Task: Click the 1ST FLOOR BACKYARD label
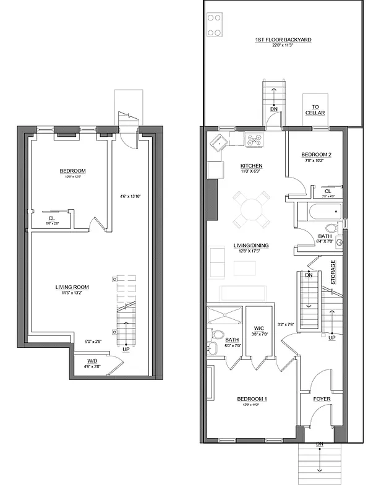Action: coord(283,40)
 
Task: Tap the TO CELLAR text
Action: coord(315,110)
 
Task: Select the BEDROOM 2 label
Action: coord(316,155)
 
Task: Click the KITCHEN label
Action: coord(252,166)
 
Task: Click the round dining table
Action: coord(252,209)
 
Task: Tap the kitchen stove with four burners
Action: coord(254,140)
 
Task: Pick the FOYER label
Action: coord(321,399)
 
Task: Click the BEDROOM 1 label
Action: coord(252,399)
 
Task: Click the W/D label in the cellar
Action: coord(91,360)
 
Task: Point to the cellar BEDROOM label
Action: coord(72,171)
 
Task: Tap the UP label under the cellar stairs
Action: coord(126,350)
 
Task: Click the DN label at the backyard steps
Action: coord(273,110)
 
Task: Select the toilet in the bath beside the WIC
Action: coord(217,335)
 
